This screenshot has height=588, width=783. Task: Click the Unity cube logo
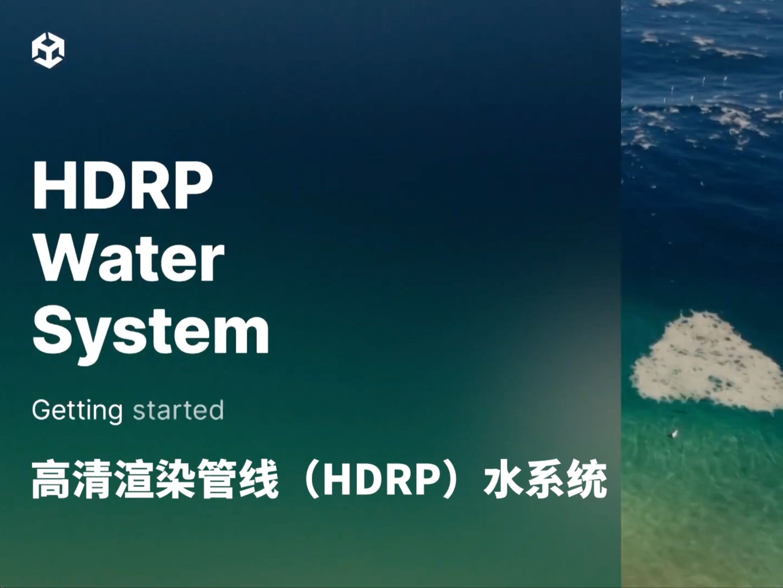48,51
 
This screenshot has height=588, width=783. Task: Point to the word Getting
77,410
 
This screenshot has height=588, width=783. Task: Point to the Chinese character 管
217,480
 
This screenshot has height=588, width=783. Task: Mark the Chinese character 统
587,480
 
